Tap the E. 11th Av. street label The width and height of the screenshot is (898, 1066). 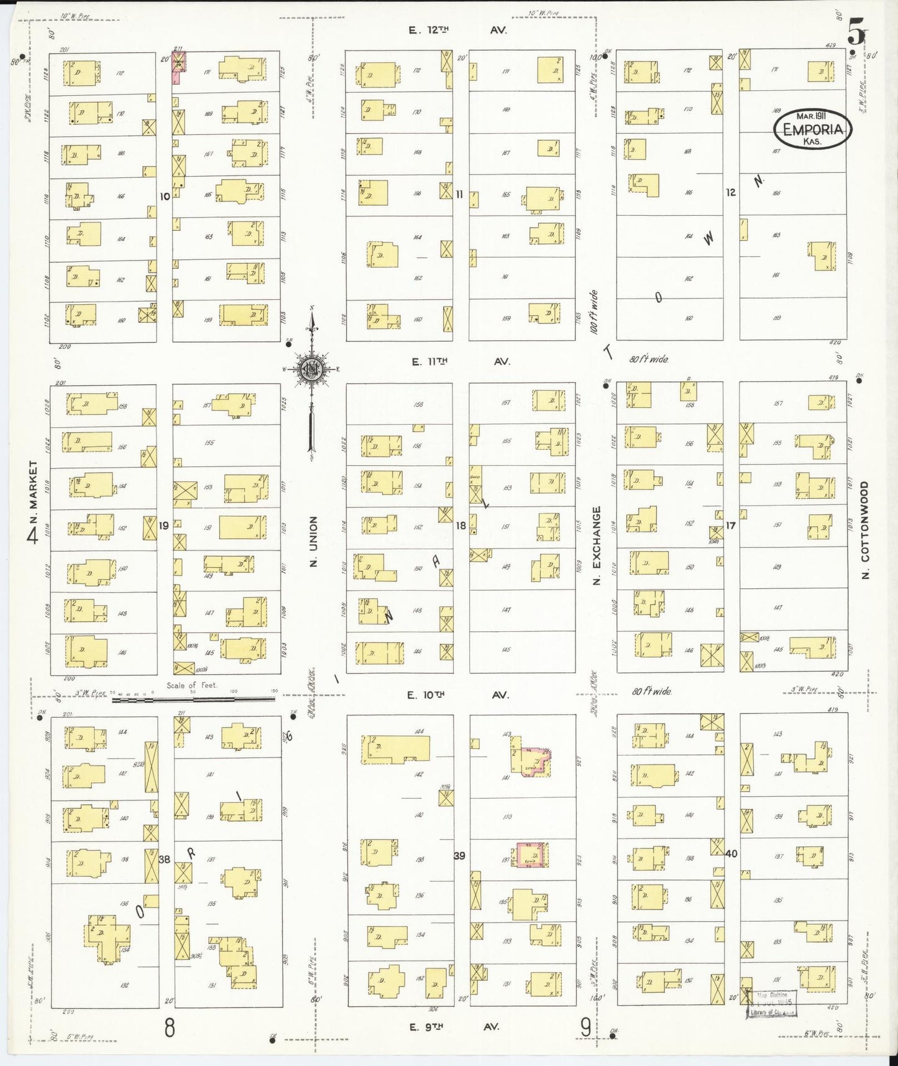(x=459, y=361)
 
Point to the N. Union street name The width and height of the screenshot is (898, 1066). (x=314, y=541)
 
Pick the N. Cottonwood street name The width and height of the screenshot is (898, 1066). (x=865, y=530)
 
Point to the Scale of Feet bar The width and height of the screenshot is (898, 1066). (x=193, y=699)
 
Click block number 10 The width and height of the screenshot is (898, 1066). (x=164, y=196)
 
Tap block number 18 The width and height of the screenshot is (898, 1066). (x=460, y=526)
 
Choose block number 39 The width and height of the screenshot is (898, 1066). (x=459, y=856)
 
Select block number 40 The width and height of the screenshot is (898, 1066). (x=731, y=853)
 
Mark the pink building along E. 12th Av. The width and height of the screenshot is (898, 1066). (x=178, y=67)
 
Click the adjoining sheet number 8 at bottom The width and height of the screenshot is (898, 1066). (x=170, y=1027)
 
